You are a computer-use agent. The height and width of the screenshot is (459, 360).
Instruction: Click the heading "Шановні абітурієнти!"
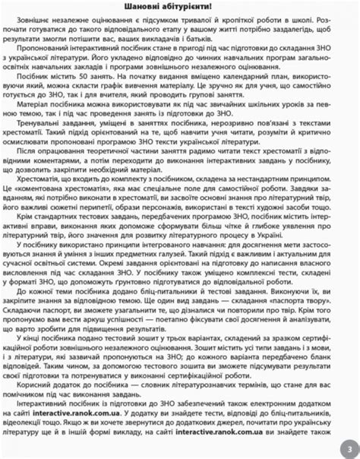click(x=179, y=7)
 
